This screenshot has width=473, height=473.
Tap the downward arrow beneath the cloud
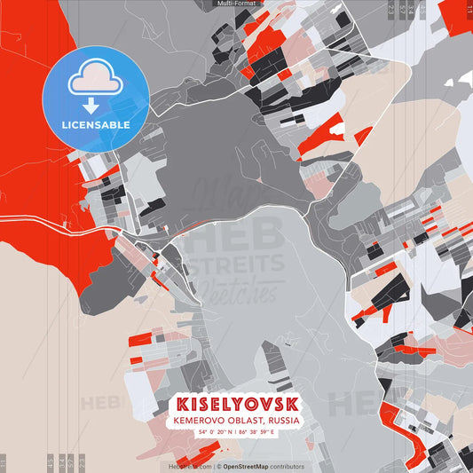92,105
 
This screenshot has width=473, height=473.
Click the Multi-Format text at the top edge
236,4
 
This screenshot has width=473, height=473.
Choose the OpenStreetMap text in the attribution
246,466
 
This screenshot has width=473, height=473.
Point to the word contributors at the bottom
287,466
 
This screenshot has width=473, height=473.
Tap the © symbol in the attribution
218,466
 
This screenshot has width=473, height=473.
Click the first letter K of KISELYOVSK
183,403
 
